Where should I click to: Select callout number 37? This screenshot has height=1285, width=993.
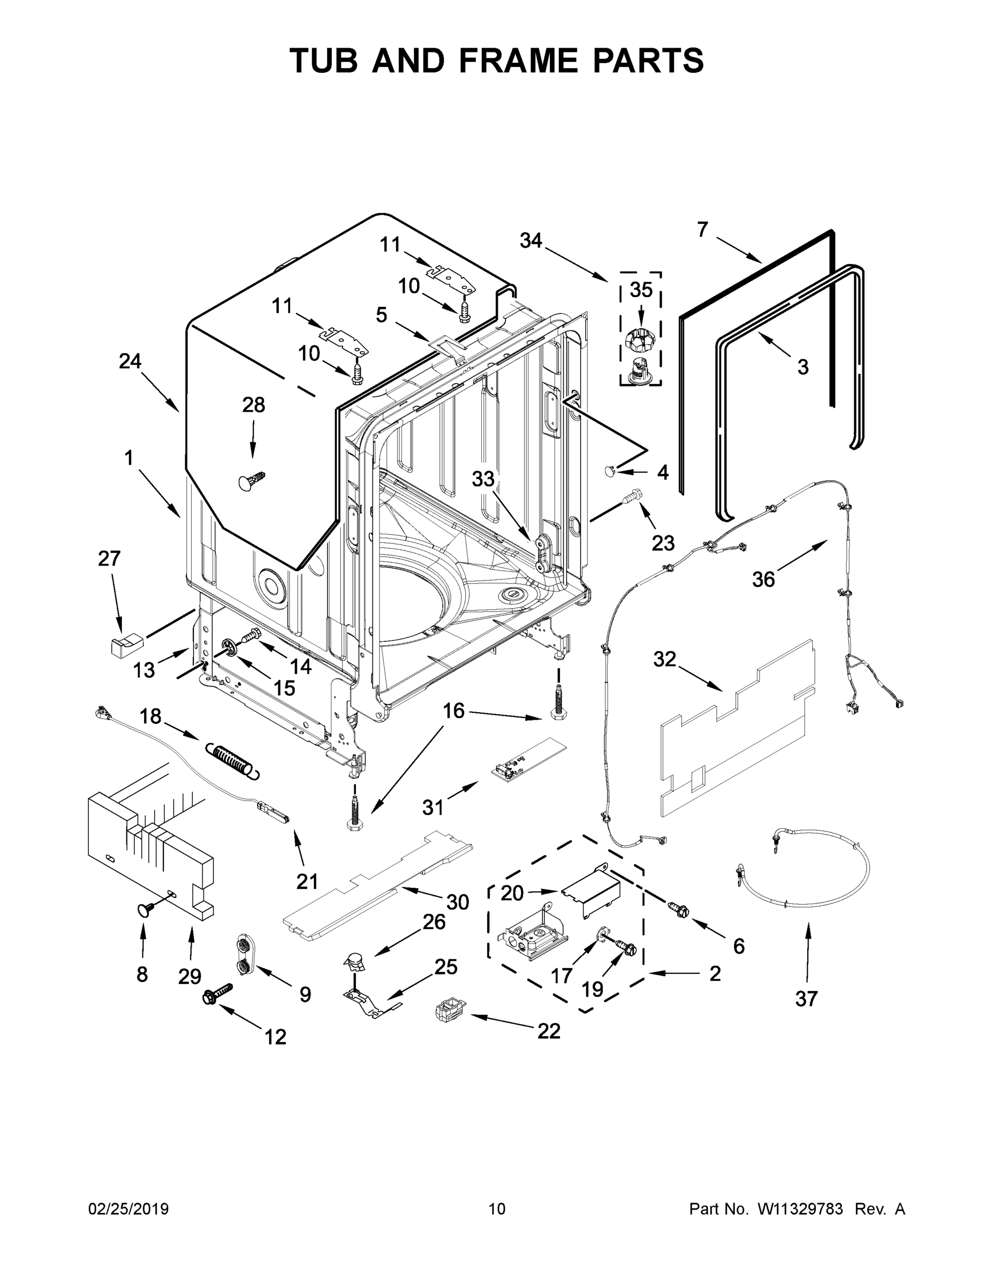(806, 999)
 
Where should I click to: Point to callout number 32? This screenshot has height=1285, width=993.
(665, 660)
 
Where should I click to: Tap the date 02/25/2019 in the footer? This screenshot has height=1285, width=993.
(128, 1210)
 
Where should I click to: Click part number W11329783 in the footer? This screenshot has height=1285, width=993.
(800, 1210)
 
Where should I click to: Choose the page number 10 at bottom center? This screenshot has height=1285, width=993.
(497, 1210)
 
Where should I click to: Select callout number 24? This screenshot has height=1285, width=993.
(130, 361)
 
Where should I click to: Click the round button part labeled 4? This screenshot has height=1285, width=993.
(610, 470)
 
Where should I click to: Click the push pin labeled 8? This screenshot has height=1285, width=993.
(146, 911)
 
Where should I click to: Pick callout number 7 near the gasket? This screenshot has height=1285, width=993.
(702, 230)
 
